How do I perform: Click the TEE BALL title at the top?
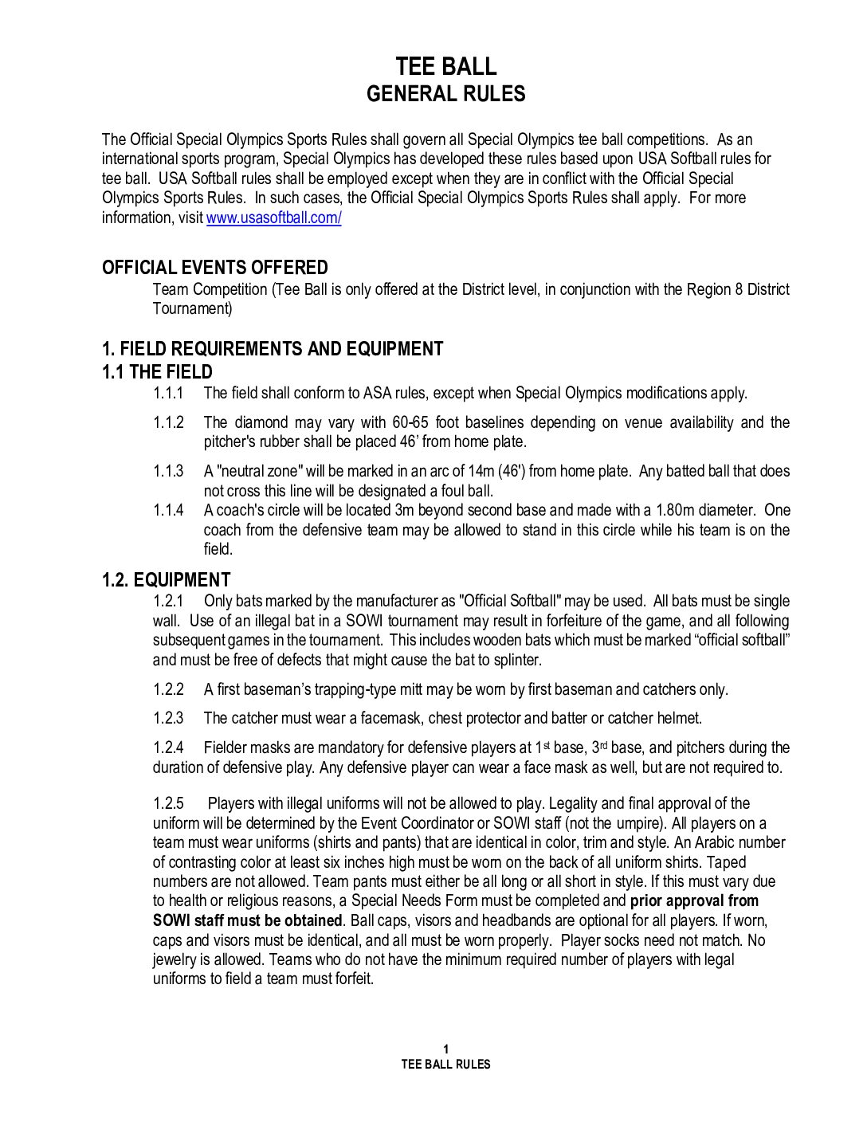pyautogui.click(x=445, y=66)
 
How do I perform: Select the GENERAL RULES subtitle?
pyautogui.click(x=445, y=94)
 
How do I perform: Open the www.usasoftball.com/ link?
pyautogui.click(x=273, y=218)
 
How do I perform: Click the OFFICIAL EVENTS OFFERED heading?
pyautogui.click(x=214, y=267)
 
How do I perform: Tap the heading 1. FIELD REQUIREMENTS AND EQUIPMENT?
pyautogui.click(x=272, y=348)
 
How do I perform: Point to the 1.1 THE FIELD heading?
pyautogui.click(x=157, y=371)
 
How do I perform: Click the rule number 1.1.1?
pyautogui.click(x=168, y=393)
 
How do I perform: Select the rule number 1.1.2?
pyautogui.click(x=168, y=422)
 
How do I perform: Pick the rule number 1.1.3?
pyautogui.click(x=168, y=471)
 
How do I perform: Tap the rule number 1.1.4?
pyautogui.click(x=168, y=510)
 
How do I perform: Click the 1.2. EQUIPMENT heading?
pyautogui.click(x=166, y=579)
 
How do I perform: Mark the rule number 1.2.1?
pyautogui.click(x=168, y=601)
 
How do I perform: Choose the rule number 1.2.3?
pyautogui.click(x=168, y=718)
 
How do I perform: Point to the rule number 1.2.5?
pyautogui.click(x=168, y=803)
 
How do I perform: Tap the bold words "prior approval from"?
pyautogui.click(x=694, y=900)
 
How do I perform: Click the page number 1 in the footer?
pyautogui.click(x=445, y=1049)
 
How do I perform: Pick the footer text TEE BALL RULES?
pyautogui.click(x=445, y=1064)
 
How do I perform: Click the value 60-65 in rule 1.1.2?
pyautogui.click(x=410, y=422)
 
